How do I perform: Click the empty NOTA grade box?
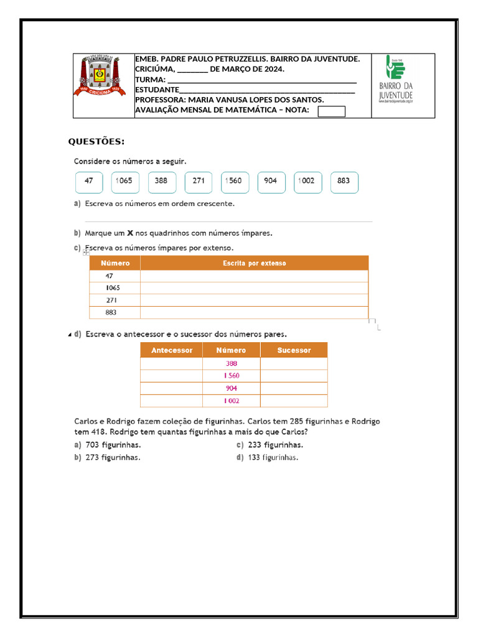(331, 111)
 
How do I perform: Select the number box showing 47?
(89, 182)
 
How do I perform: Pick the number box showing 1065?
(125, 182)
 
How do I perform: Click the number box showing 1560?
(235, 182)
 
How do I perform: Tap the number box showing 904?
(271, 182)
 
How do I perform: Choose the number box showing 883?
(344, 182)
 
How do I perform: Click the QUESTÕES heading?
(96, 142)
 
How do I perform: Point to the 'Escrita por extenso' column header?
(254, 263)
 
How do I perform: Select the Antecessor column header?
(172, 350)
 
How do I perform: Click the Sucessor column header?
(294, 350)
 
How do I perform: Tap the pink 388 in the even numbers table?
(231, 364)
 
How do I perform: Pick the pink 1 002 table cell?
(231, 401)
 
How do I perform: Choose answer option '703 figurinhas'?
(113, 445)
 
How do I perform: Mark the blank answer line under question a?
(228, 221)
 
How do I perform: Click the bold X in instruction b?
(130, 233)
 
